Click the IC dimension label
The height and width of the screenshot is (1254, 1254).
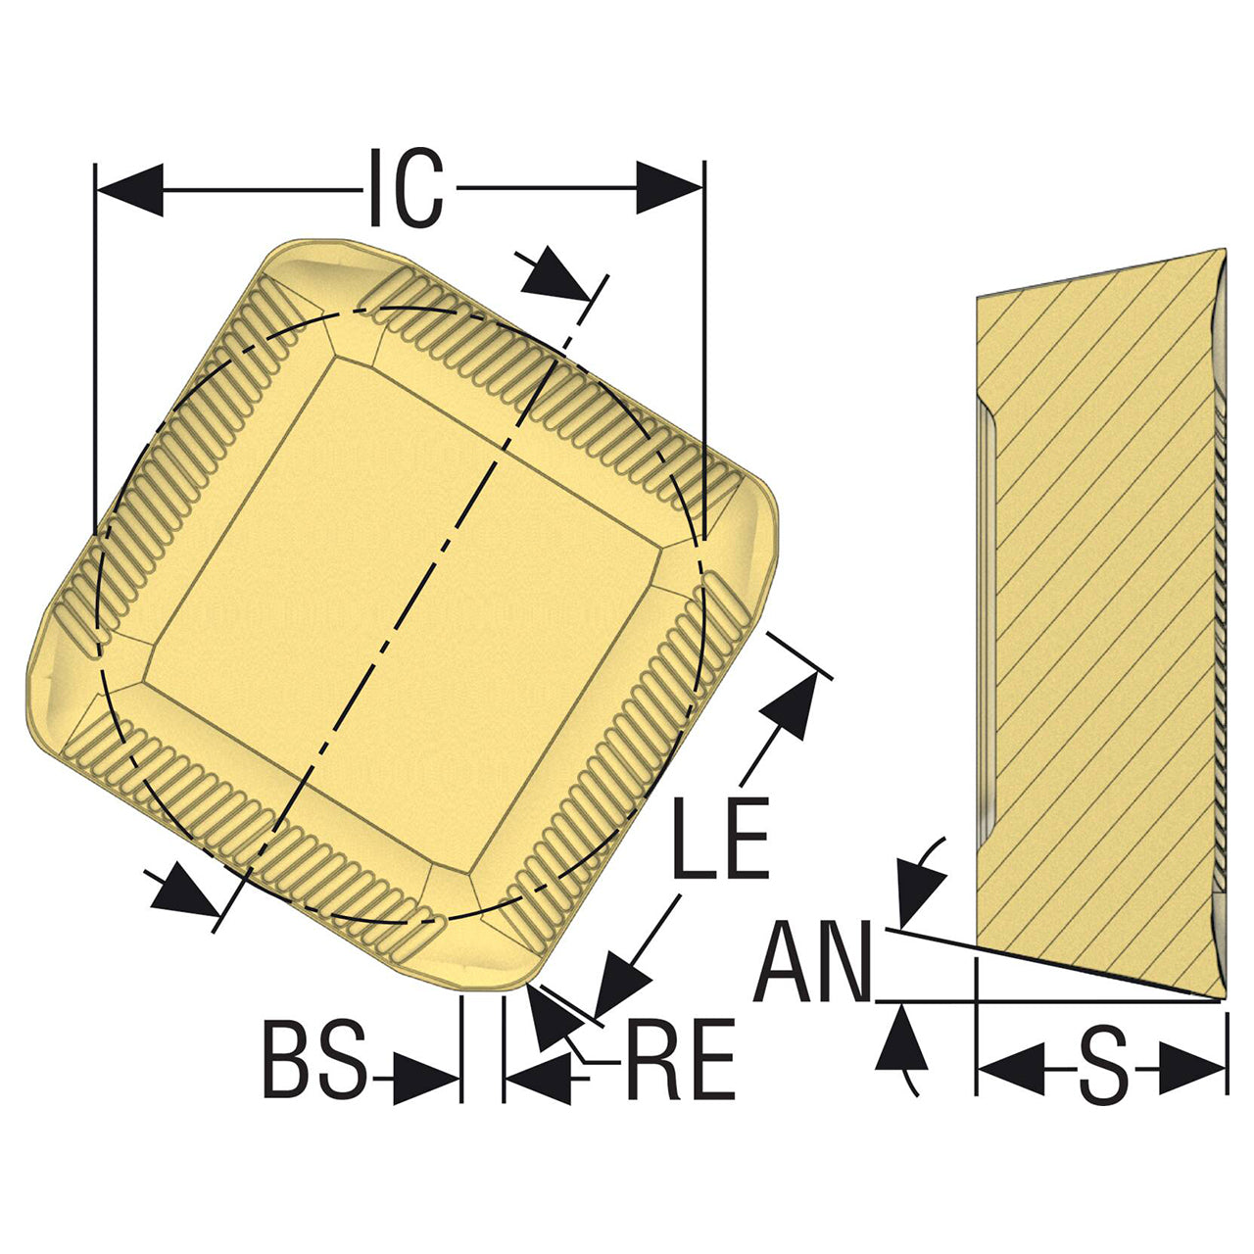tap(406, 188)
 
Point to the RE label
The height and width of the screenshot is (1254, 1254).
tap(680, 1059)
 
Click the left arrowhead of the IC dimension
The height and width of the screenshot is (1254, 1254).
tap(129, 189)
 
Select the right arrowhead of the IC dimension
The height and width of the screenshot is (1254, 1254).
tap(670, 187)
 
